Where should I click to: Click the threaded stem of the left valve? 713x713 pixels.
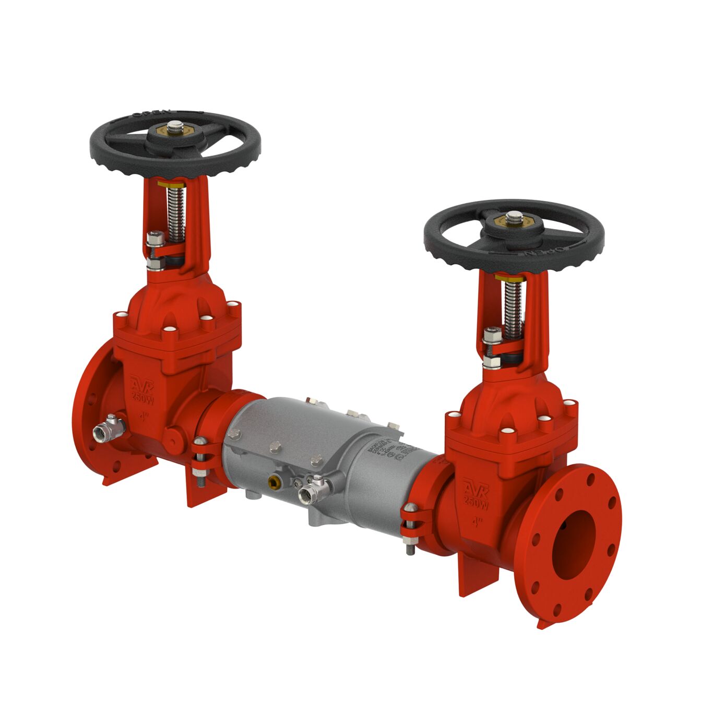tap(176, 213)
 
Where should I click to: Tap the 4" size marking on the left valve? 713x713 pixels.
tap(144, 417)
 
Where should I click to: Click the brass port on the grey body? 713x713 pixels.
tap(275, 479)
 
